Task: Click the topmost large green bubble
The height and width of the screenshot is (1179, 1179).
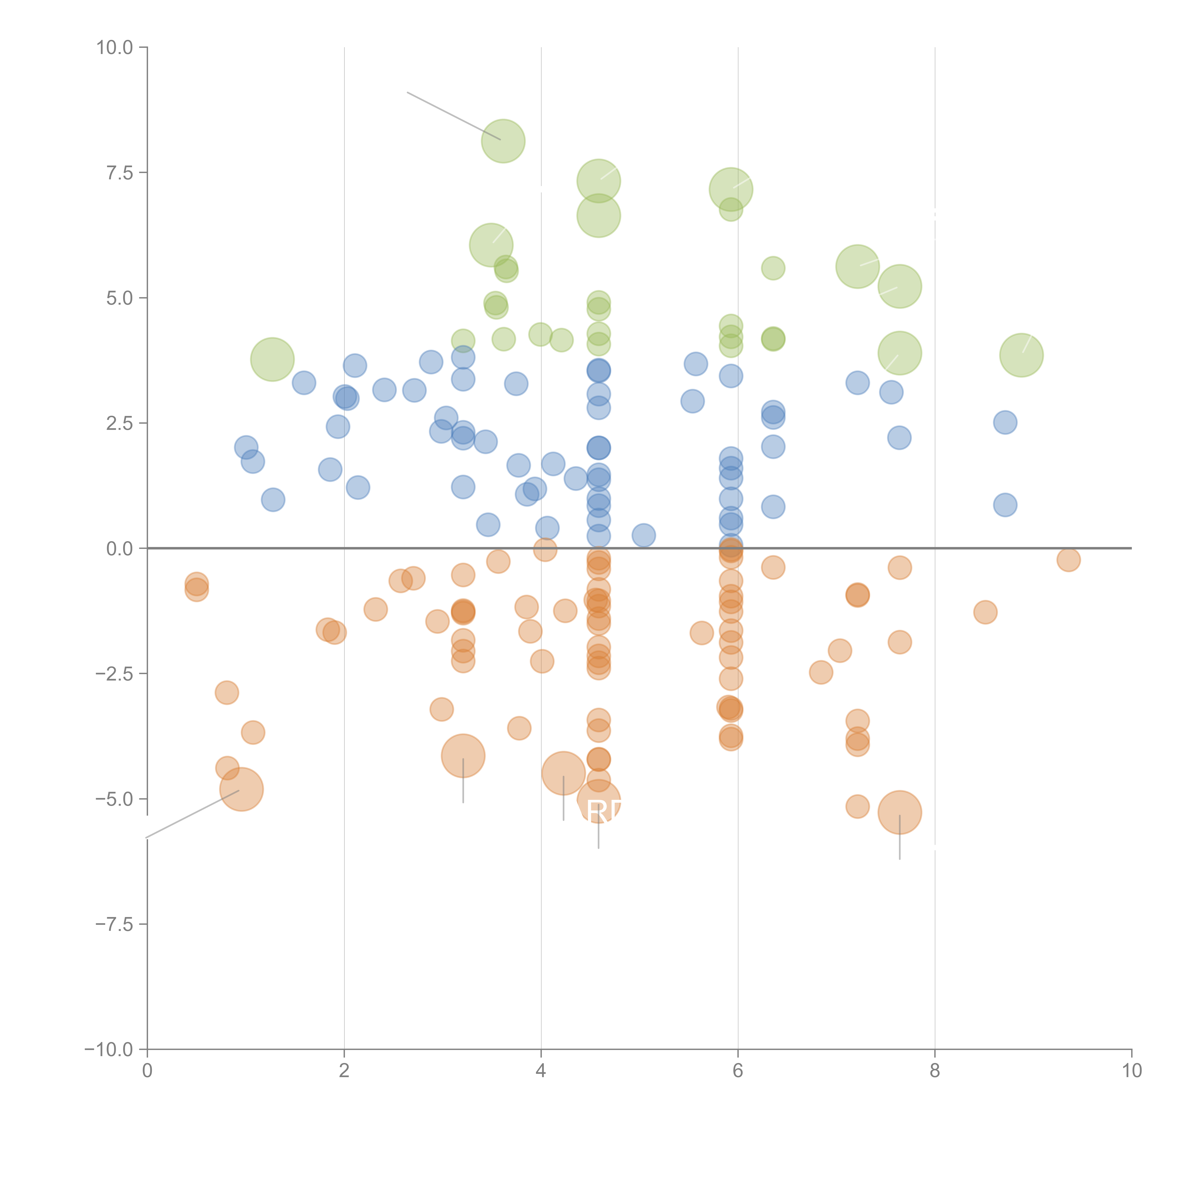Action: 503,141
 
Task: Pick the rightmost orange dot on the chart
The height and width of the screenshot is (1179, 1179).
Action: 1068,559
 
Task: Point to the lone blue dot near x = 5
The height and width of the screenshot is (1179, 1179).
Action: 643,535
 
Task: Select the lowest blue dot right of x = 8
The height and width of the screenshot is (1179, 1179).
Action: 1005,505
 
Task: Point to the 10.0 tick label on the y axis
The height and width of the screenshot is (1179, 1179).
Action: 115,48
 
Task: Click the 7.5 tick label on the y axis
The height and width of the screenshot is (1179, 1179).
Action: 120,173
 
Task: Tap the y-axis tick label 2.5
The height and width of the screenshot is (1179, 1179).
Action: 120,423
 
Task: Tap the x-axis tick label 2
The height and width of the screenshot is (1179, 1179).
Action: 344,1070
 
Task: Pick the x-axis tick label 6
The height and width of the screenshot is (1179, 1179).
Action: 738,1070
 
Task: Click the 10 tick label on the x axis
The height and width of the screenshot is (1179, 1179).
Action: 1131,1070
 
